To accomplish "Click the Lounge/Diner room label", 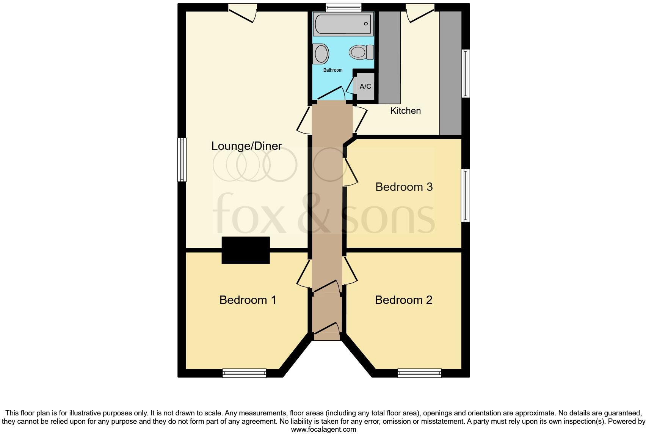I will coord(246,146).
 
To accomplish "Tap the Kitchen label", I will coord(405,111).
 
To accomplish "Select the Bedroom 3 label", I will coord(404,187).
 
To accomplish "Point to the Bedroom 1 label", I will coord(248,300).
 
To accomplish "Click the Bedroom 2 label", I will coord(403,300).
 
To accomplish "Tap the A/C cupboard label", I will coord(365,86).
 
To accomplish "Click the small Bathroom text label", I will coord(332,70).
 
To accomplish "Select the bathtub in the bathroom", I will coord(343,24).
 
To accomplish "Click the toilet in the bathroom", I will coord(362,52).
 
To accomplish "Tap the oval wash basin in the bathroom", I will coord(321,53).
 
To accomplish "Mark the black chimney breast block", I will coord(246,250).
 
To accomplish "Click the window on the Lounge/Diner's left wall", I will coord(182,159).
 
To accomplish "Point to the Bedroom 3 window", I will coord(465,195).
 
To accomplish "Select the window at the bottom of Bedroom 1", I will coord(245,373).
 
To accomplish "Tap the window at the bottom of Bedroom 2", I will coord(419,373).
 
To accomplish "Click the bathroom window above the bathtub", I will coord(343,7).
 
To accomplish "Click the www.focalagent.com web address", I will coord(323,429).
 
